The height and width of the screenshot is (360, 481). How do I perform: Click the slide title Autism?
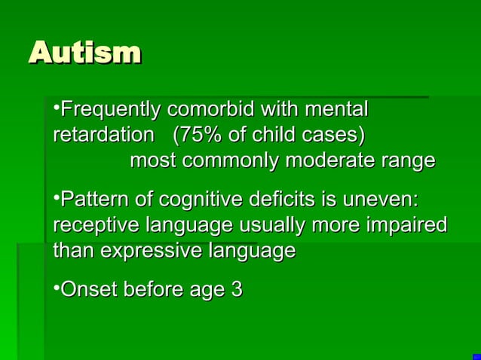click(84, 53)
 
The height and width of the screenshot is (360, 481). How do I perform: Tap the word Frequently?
click(110, 111)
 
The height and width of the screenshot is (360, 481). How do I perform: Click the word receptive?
click(96, 225)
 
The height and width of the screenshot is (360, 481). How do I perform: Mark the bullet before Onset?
click(57, 287)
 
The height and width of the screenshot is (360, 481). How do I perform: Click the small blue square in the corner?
click(476, 356)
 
